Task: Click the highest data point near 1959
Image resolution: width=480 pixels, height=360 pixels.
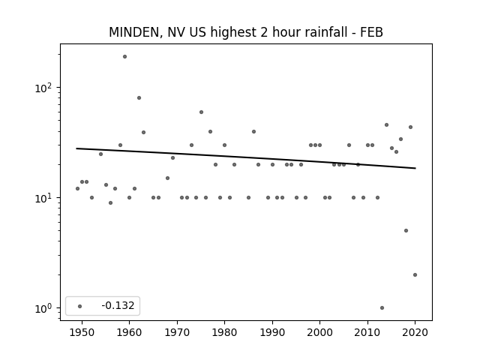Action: (x=124, y=57)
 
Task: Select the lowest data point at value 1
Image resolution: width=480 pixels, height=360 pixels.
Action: (x=382, y=308)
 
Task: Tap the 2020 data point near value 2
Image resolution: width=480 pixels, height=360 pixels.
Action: (x=415, y=275)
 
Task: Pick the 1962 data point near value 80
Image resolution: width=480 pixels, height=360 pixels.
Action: (x=139, y=98)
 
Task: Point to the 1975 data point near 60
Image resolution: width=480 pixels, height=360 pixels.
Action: (x=201, y=112)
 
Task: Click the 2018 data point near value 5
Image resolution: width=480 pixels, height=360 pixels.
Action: (x=406, y=231)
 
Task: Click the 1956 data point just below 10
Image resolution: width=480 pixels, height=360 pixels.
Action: (x=110, y=203)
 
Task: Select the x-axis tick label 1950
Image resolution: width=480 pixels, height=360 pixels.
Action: (x=82, y=332)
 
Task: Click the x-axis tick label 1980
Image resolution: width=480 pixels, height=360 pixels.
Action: (x=224, y=332)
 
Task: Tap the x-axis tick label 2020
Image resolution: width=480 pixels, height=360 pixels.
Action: (x=415, y=332)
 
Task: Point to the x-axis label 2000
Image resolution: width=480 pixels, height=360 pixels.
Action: (x=320, y=332)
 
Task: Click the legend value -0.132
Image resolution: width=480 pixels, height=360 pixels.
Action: (x=118, y=305)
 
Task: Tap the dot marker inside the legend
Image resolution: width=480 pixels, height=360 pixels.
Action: (x=80, y=306)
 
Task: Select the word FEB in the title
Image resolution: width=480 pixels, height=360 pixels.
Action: (x=371, y=32)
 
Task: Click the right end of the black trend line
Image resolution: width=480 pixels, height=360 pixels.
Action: (x=415, y=168)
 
